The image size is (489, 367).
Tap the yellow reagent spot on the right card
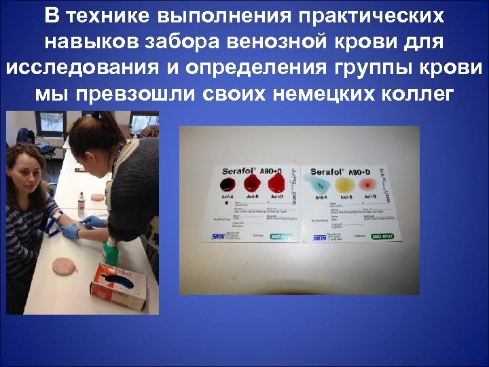click(343, 183)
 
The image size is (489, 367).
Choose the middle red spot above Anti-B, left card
click(251, 182)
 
